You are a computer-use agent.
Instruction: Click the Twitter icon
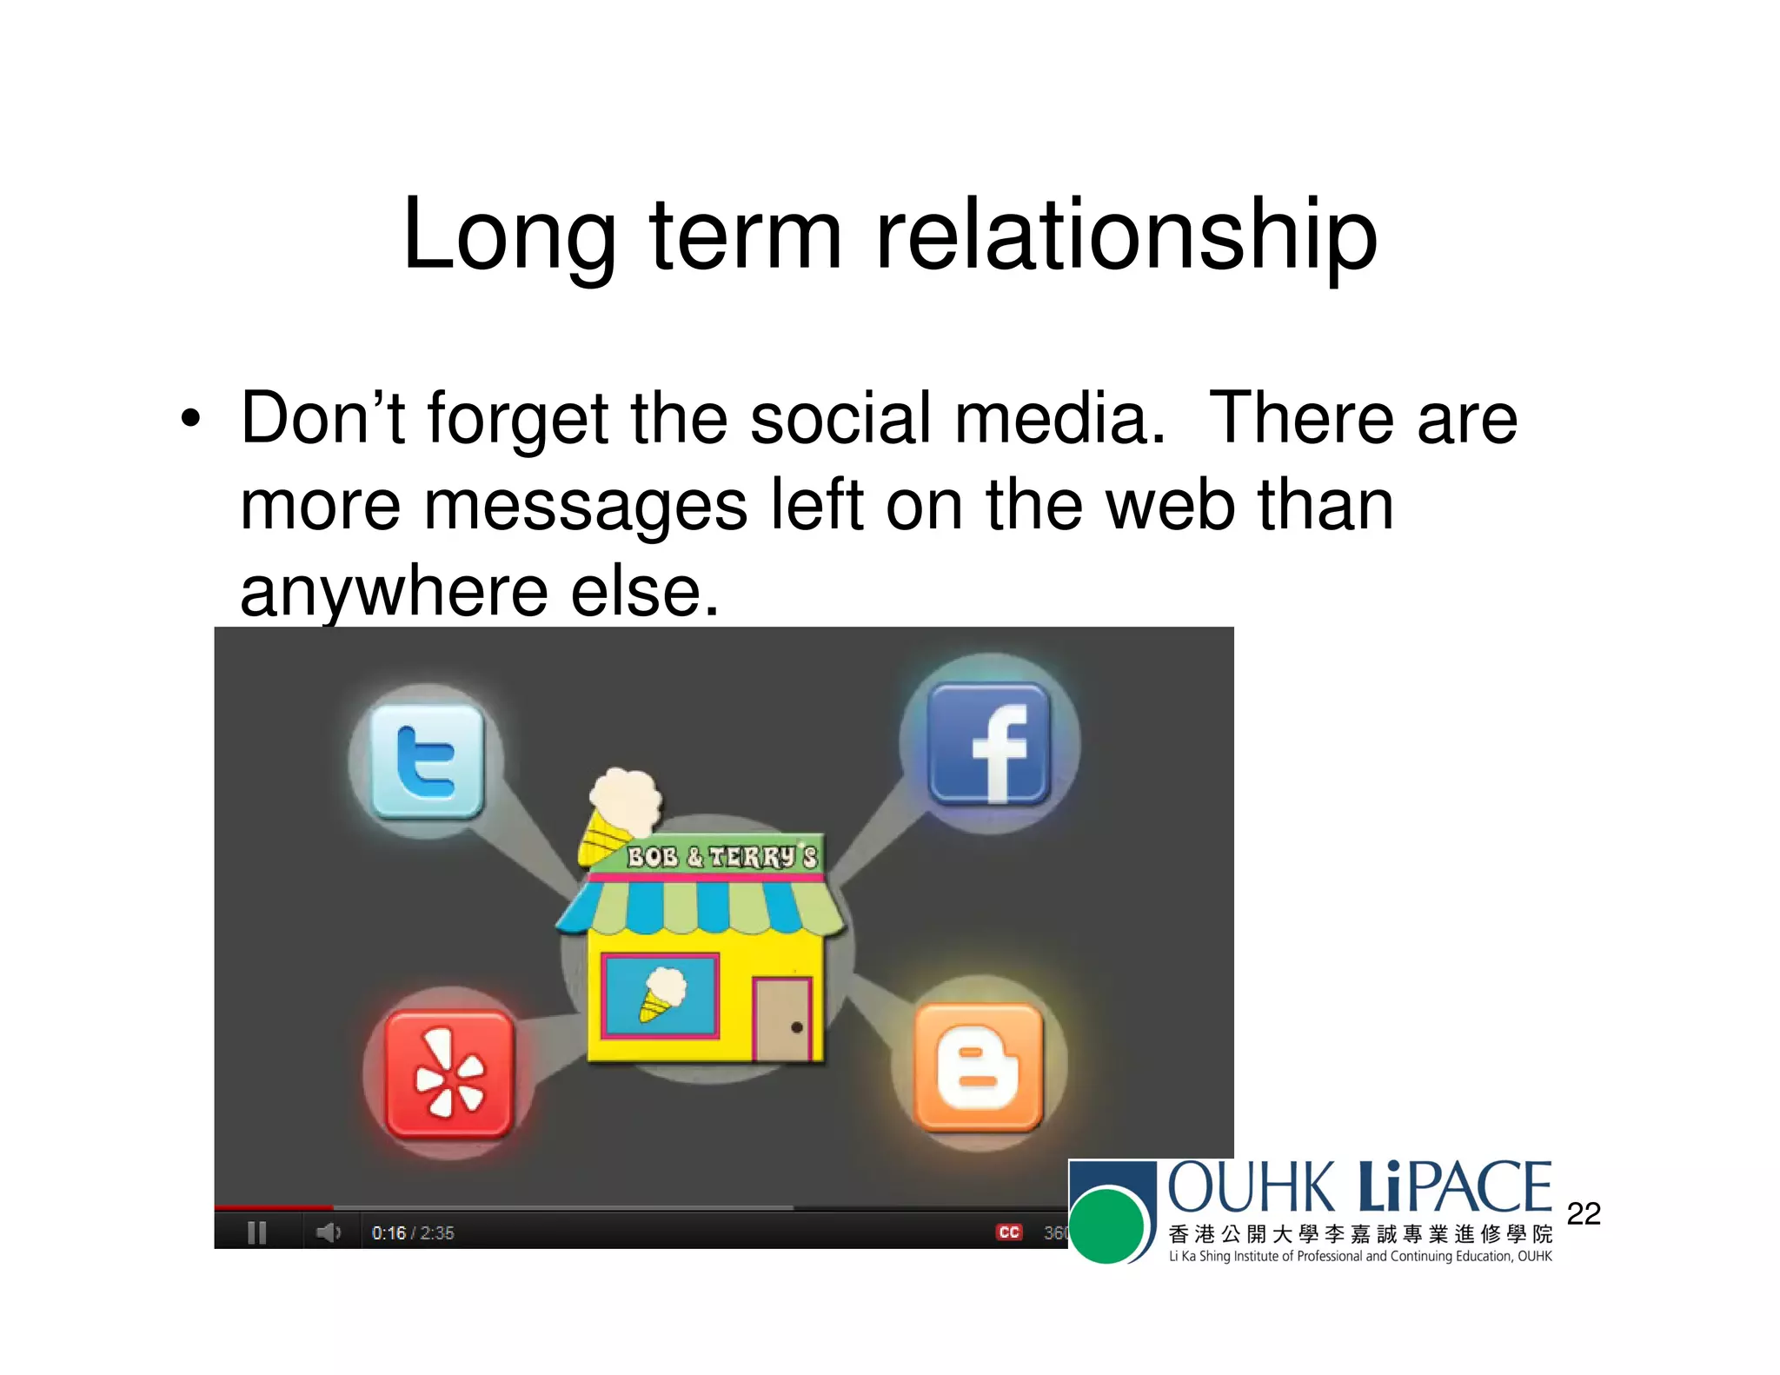click(427, 761)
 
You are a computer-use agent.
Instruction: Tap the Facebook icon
click(990, 744)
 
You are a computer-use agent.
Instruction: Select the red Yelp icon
click(449, 1073)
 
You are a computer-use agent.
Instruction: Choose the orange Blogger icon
click(979, 1067)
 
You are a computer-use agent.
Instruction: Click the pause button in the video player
click(256, 1232)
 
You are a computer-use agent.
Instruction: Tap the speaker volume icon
click(328, 1232)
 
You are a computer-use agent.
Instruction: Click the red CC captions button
click(1009, 1232)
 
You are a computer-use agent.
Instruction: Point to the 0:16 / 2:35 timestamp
click(413, 1233)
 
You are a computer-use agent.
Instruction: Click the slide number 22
click(1584, 1213)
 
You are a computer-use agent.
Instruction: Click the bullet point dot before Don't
click(190, 420)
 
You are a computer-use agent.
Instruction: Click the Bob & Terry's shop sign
click(721, 858)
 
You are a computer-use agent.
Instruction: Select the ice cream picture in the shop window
click(661, 995)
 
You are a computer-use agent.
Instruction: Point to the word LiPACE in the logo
click(1454, 1187)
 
